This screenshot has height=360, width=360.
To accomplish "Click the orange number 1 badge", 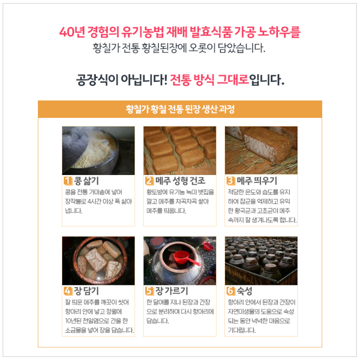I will pos(67,181).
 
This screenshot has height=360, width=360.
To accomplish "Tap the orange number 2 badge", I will pos(149,181).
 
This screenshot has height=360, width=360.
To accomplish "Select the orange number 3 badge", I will pos(231,181).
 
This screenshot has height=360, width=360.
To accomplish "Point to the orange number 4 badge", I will pos(67,291).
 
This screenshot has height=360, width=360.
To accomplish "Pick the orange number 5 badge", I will pos(149,291).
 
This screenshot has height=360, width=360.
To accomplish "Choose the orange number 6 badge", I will pos(231,291).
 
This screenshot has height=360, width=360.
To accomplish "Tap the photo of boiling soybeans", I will pos(98,150).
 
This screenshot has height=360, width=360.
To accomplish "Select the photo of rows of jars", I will pos(261,261).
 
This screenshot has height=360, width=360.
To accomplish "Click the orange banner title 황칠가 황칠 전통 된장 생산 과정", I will pos(180,109).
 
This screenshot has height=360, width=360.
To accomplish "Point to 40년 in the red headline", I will pos(70,32).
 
